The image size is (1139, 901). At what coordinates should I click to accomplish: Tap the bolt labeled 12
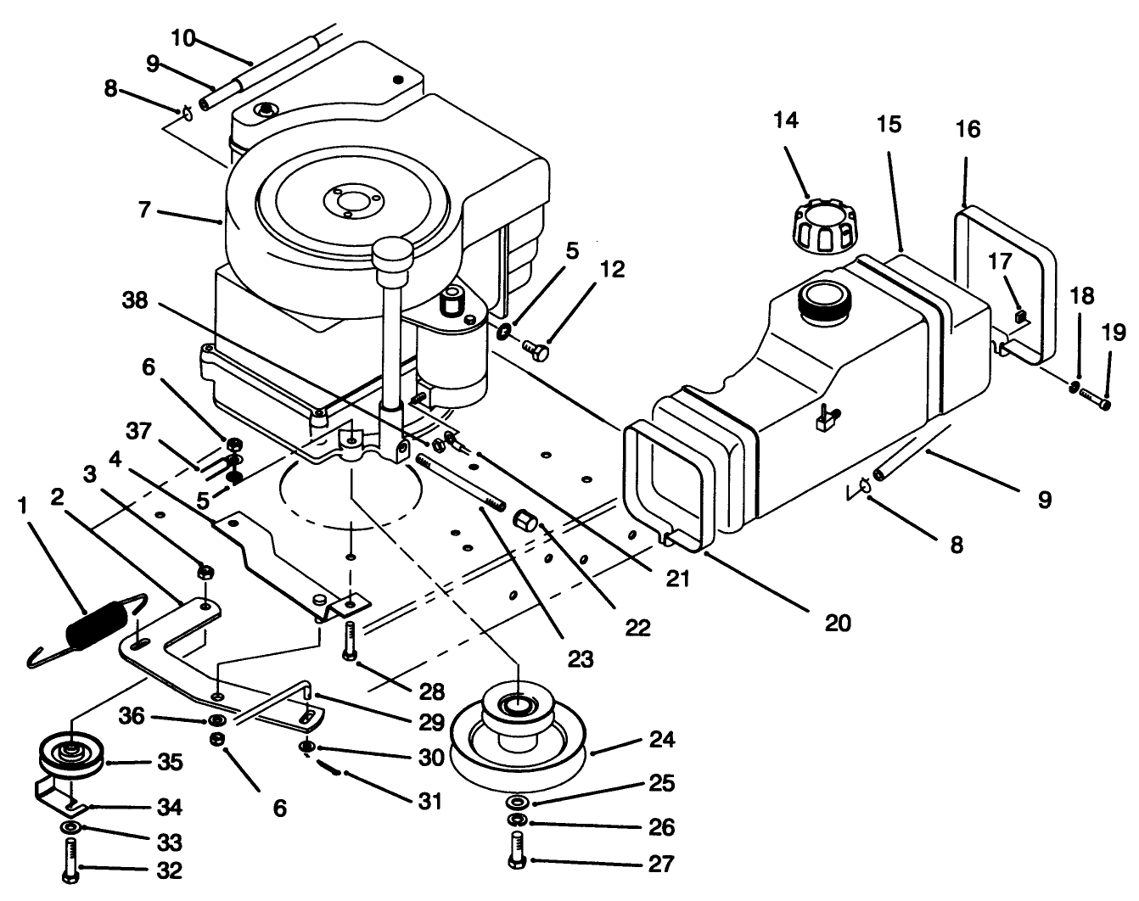(x=536, y=349)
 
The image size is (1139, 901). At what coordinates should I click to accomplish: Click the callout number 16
(x=968, y=129)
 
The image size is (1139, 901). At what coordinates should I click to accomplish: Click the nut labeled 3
(x=205, y=573)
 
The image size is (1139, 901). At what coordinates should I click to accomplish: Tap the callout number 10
(x=182, y=38)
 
